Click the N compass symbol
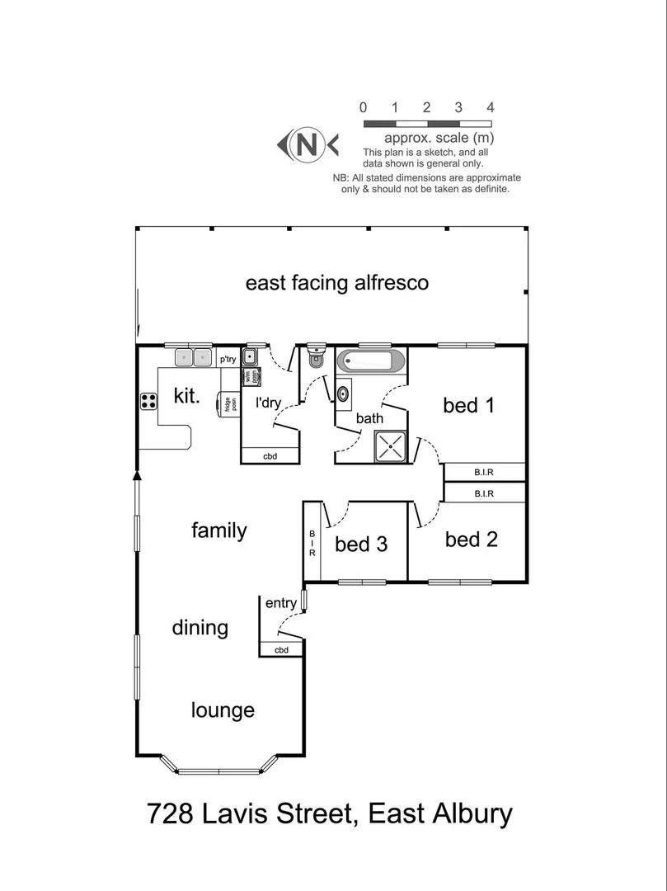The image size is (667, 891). (308, 145)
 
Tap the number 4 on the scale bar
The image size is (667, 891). (491, 108)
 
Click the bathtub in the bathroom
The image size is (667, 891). (371, 361)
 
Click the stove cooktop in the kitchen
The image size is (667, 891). (149, 401)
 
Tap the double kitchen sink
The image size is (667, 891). (194, 357)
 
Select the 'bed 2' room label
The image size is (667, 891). (472, 540)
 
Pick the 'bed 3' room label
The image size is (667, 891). (361, 544)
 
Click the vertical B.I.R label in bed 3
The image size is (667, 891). (312, 544)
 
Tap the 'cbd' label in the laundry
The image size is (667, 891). (270, 456)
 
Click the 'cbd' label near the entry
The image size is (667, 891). (281, 651)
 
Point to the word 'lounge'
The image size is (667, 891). (223, 710)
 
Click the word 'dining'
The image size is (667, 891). (200, 628)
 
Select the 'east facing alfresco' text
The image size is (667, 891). (337, 283)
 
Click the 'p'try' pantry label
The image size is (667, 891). (228, 359)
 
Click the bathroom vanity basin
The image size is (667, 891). (343, 394)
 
